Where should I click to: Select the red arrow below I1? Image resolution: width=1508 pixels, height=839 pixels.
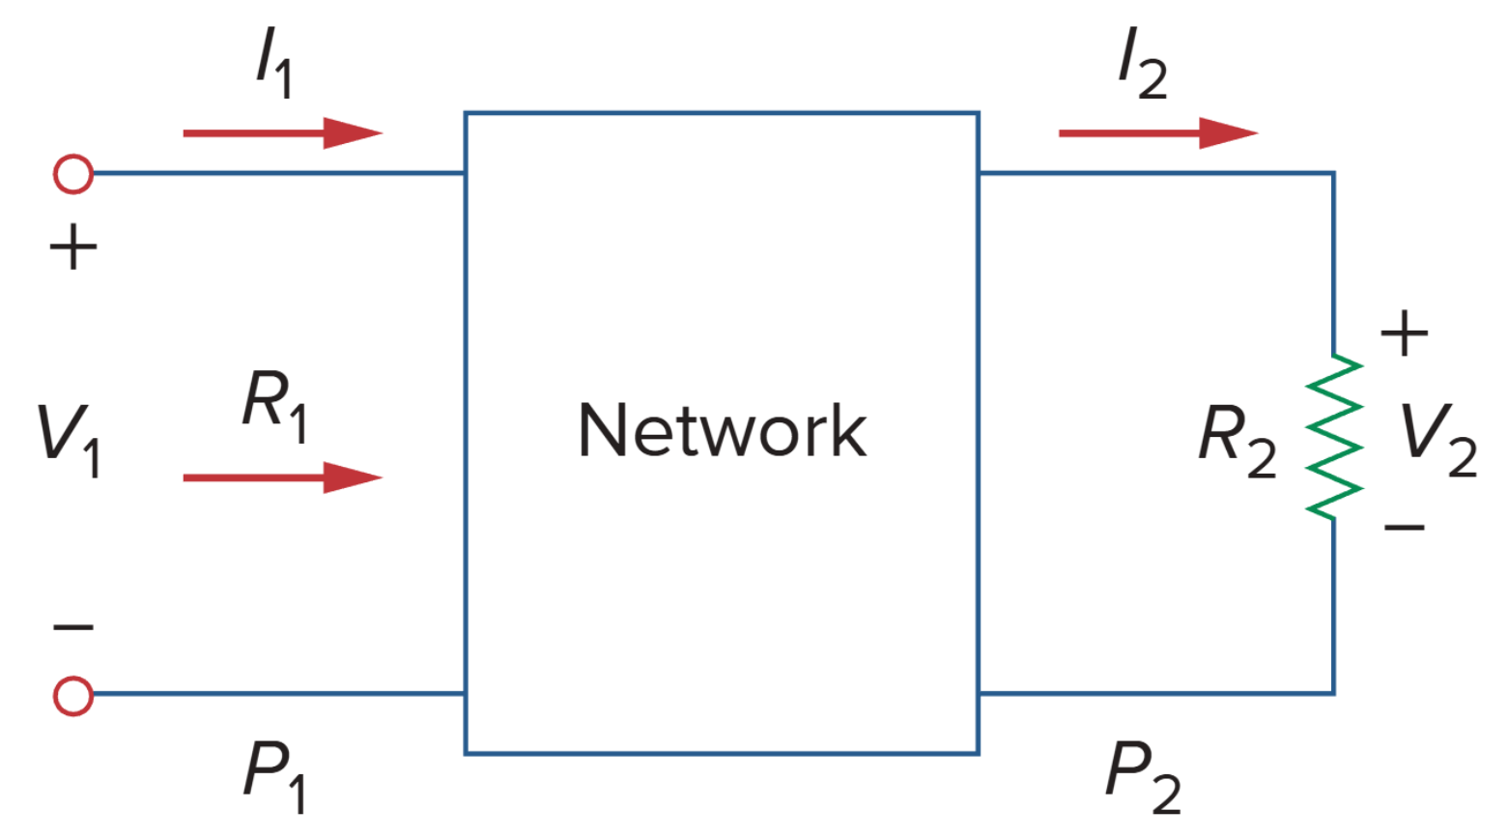tap(282, 132)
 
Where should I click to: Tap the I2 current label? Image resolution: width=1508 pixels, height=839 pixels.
tap(1141, 66)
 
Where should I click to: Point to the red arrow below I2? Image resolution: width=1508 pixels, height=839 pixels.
tap(1157, 132)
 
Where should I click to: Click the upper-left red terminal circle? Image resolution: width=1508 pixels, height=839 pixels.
tap(73, 175)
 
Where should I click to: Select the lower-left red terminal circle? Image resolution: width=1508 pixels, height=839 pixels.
tap(73, 695)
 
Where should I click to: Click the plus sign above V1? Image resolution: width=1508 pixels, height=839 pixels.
tap(73, 248)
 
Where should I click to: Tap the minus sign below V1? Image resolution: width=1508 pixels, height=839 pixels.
tap(73, 628)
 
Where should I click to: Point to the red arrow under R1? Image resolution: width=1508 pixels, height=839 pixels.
tap(282, 477)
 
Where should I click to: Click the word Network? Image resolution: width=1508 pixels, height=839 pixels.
tap(722, 430)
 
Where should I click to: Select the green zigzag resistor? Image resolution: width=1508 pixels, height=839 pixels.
tap(1334, 437)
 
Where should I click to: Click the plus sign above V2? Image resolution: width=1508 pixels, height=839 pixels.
tap(1404, 334)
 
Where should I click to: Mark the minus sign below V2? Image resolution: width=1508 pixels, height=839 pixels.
tap(1404, 528)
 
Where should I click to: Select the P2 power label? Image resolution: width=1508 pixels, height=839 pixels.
tap(1142, 774)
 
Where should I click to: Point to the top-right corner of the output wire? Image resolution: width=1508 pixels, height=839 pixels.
tap(1333, 174)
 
